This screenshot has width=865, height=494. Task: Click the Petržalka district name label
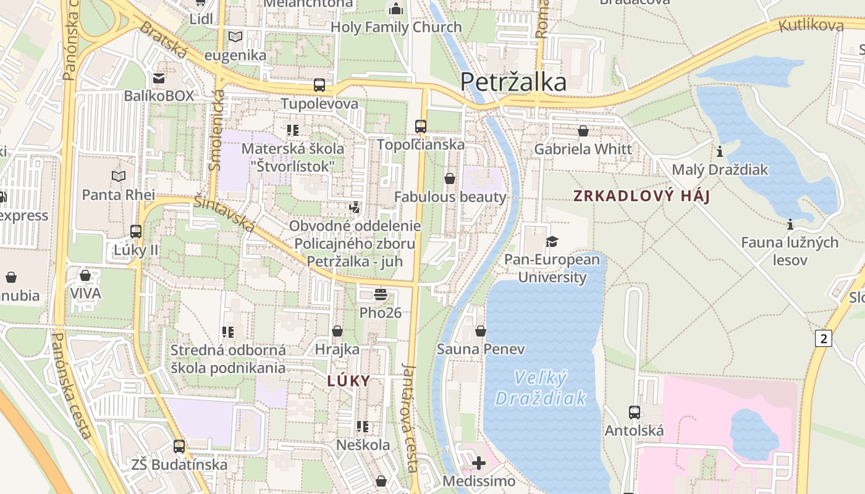pos(513,82)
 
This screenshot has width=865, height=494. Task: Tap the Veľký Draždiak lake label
pos(541,388)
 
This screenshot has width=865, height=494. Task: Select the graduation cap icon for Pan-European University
pos(552,241)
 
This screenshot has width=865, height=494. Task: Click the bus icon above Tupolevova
pos(319,85)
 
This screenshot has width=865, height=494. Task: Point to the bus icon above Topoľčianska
pos(421,127)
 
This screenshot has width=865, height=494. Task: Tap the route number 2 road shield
pos(823,338)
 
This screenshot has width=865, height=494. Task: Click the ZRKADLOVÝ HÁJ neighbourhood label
pos(641,196)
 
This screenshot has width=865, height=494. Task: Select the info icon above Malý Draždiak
pos(719,151)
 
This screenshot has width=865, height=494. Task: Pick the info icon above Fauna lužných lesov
pos(790,224)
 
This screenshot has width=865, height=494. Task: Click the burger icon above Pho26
pos(380,295)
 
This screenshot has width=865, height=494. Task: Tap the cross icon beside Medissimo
pos(478,463)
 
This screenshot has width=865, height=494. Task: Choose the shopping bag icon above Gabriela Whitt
pos(583,131)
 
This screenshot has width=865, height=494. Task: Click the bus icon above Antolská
pos(634,412)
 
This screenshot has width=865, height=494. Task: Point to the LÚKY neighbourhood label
pos(348,381)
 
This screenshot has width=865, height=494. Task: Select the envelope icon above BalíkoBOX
pos(159,78)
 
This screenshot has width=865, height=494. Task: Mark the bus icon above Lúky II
pos(136,232)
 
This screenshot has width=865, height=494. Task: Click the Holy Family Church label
pos(396,27)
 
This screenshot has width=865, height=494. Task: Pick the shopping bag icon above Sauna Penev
pos(481,331)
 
